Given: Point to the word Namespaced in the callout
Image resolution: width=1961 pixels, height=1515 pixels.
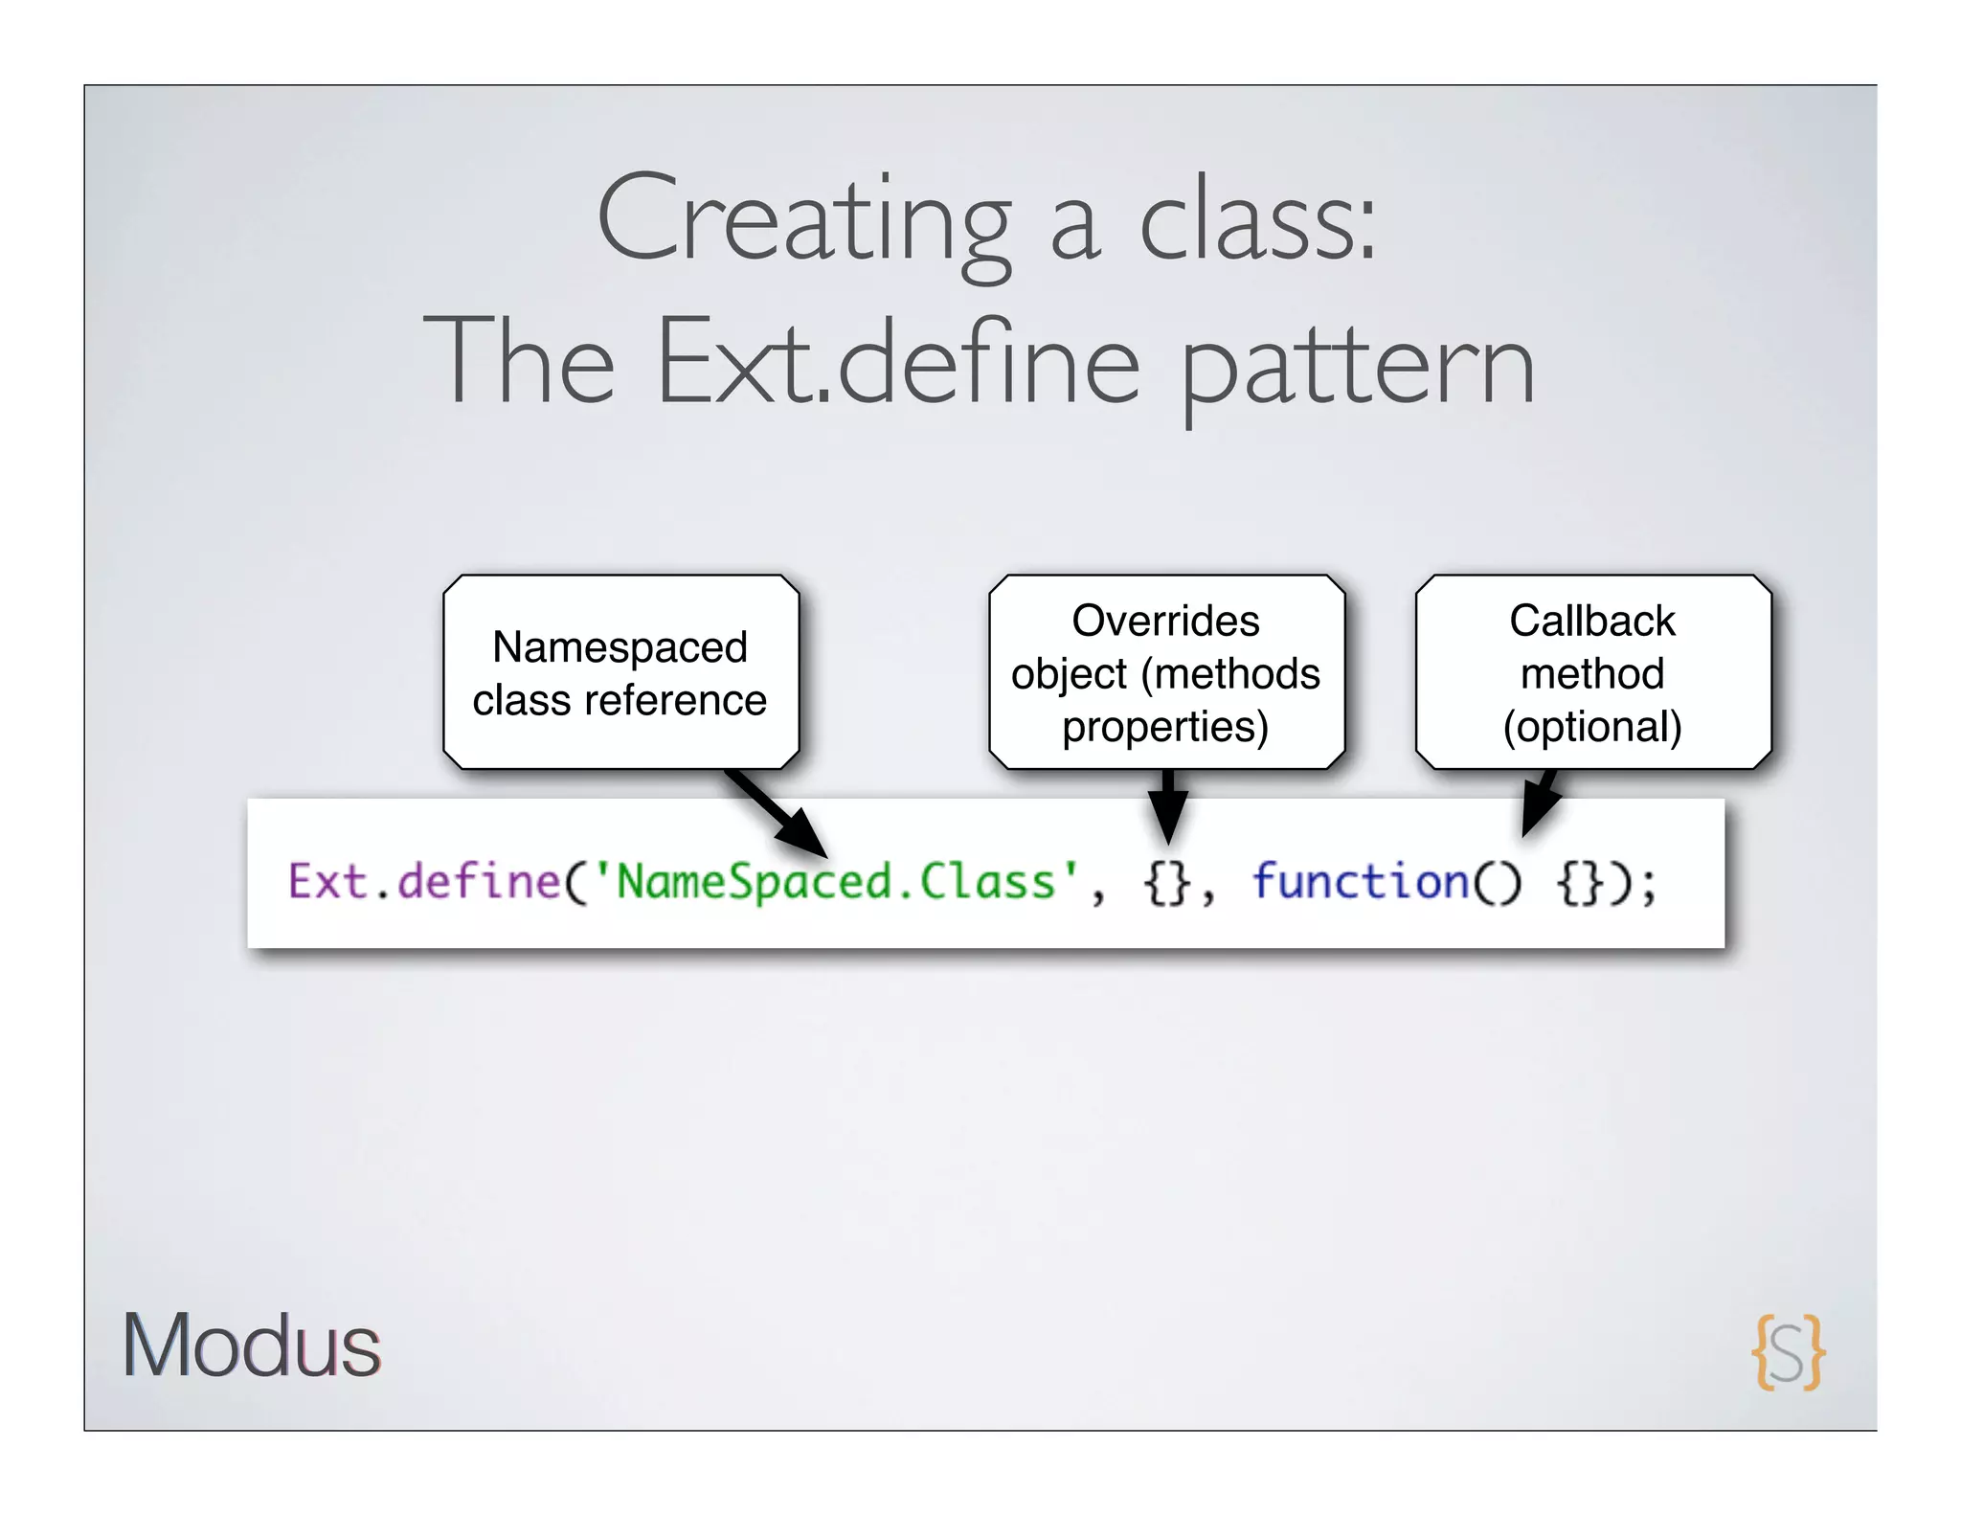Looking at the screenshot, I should pyautogui.click(x=620, y=647).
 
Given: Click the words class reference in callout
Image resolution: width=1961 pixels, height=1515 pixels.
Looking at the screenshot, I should pyautogui.click(x=620, y=700).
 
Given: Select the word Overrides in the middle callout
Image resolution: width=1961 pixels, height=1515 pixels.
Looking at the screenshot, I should pyautogui.click(x=1165, y=621).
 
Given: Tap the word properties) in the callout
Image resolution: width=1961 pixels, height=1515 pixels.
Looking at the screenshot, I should pyautogui.click(x=1165, y=727).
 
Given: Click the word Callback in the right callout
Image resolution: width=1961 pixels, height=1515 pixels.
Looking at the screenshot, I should pyautogui.click(x=1592, y=621).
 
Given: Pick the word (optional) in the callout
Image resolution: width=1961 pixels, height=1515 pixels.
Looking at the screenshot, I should pyautogui.click(x=1592, y=727).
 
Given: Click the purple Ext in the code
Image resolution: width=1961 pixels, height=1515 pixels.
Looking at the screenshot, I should pyautogui.click(x=327, y=881).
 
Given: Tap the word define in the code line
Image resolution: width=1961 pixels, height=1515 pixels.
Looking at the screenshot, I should pyautogui.click(x=479, y=881).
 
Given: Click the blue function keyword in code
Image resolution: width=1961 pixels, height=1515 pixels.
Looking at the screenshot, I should pyautogui.click(x=1361, y=881).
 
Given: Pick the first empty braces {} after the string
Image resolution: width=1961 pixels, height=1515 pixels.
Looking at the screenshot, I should pyautogui.click(x=1167, y=882).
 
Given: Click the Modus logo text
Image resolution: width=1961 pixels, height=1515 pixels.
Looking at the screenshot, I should pyautogui.click(x=251, y=1345).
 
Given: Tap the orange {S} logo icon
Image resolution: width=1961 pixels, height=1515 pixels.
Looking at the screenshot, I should pyautogui.click(x=1788, y=1351).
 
